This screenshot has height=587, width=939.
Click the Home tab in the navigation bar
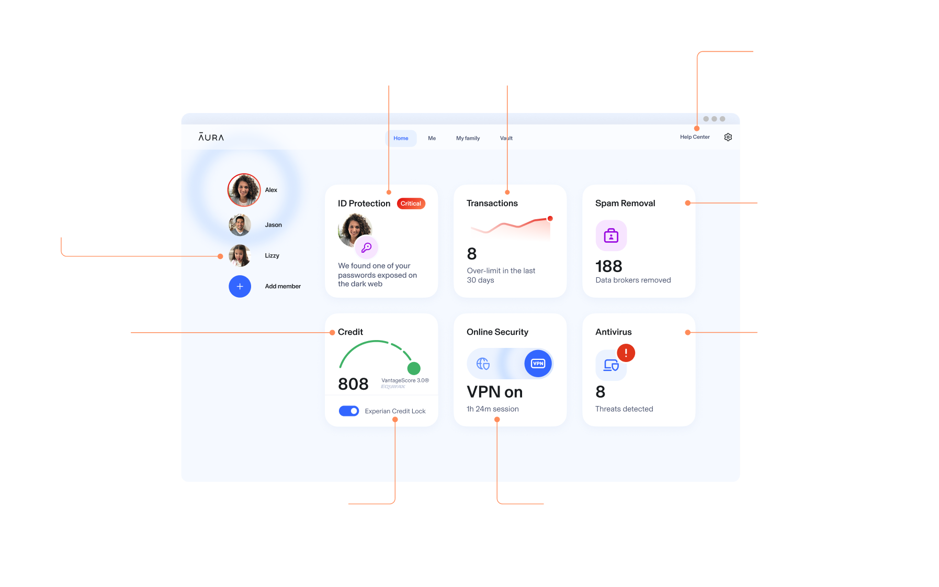tap(401, 138)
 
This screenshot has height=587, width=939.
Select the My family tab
tap(468, 138)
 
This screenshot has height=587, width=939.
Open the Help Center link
tap(695, 137)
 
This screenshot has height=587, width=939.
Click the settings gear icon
tap(728, 137)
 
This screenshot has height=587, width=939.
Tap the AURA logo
tap(211, 137)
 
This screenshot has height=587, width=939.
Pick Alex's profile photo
tap(244, 190)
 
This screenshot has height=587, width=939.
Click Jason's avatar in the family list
tap(240, 225)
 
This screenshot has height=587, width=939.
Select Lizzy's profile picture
tap(240, 256)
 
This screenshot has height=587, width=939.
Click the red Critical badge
tap(411, 204)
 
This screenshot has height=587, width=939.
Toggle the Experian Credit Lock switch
tap(348, 411)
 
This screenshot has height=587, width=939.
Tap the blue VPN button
tap(538, 364)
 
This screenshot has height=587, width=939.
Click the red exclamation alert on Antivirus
tap(626, 353)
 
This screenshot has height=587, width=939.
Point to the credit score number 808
tap(353, 384)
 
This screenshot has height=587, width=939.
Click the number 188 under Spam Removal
tap(608, 266)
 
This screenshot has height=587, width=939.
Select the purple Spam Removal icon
tap(611, 236)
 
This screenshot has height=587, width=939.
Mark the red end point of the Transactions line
tap(550, 219)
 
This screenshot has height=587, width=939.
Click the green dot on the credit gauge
tap(414, 368)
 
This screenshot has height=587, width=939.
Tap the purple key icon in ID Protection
tap(366, 247)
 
